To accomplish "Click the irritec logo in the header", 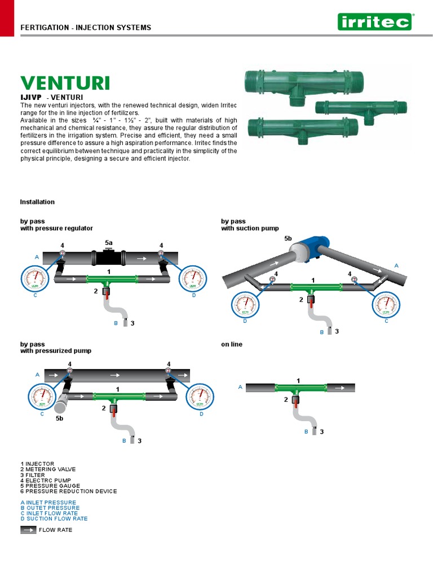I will pyautogui.click(x=374, y=22).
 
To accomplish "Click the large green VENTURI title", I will pyautogui.click(x=65, y=83).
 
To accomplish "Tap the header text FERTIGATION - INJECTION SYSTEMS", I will pyautogui.click(x=86, y=28).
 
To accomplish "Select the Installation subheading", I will pyautogui.click(x=37, y=202).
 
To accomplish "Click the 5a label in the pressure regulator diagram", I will pyautogui.click(x=109, y=242).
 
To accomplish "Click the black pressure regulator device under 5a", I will pyautogui.click(x=109, y=259).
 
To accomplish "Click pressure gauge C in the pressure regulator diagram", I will pyautogui.click(x=36, y=279).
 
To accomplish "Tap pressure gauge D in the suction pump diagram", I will pyautogui.click(x=245, y=306).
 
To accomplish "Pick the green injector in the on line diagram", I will pyautogui.click(x=300, y=388).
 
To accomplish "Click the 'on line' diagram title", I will pyautogui.click(x=232, y=344).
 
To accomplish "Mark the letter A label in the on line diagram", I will pyautogui.click(x=240, y=387).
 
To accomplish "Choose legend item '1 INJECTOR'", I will pyautogui.click(x=37, y=464).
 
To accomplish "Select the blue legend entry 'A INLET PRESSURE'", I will pyautogui.click(x=48, y=502).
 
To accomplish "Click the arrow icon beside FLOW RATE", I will pyautogui.click(x=28, y=530).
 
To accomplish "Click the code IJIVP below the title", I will pyautogui.click(x=32, y=97).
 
